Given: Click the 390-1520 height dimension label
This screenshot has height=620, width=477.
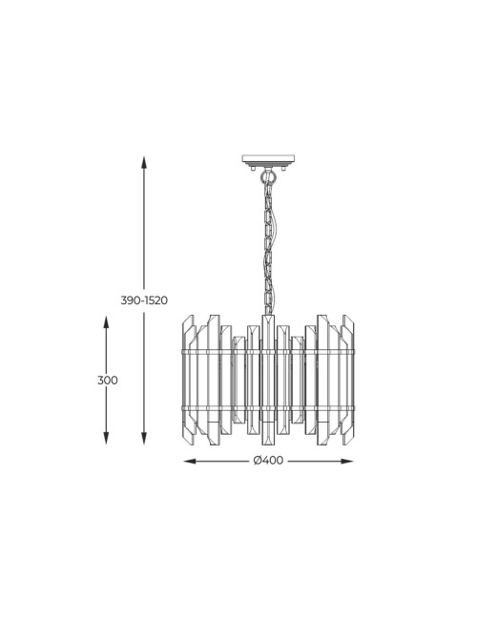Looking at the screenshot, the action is coord(144,300).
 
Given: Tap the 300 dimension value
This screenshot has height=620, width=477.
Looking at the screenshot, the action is coord(108,381).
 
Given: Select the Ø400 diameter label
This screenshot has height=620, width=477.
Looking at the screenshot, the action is coord(269,461).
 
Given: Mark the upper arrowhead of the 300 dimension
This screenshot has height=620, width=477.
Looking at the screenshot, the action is coord(106,321).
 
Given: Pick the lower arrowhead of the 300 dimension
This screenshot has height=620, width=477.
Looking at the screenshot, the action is coord(106,438).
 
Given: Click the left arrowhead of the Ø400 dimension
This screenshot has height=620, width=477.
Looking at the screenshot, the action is coord(190,461).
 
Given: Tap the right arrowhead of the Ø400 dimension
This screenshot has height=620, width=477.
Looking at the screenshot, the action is coord(347,461).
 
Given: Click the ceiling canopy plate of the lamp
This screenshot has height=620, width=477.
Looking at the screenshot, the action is coord(269,160).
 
